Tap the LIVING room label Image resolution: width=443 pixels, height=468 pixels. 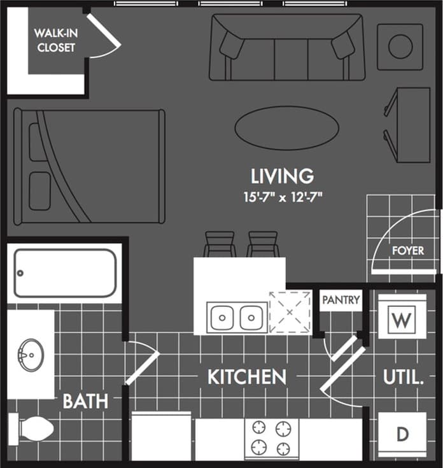282,174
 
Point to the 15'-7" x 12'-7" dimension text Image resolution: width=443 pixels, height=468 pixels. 282,196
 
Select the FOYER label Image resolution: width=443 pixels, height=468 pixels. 407,250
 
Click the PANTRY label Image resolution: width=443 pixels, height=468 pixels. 340,299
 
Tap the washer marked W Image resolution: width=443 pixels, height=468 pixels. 401,320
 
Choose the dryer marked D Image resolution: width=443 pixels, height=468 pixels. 402,434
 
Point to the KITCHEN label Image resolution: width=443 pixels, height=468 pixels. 246,376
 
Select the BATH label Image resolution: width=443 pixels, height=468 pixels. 85,401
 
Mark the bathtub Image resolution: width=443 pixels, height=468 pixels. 66,273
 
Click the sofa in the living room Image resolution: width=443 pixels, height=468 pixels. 286,47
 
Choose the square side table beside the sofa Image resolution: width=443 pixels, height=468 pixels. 400,46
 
